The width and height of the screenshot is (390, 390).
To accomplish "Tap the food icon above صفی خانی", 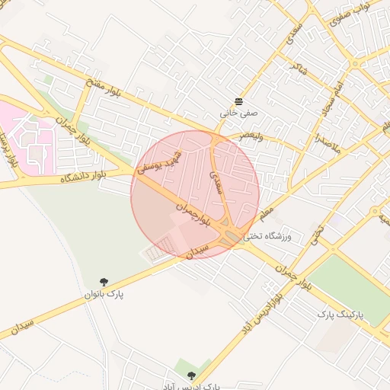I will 238,101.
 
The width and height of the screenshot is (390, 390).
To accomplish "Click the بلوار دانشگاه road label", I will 84,178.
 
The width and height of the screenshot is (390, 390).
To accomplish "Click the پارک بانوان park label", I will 104,293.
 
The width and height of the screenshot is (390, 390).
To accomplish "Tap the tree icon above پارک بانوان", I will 104,282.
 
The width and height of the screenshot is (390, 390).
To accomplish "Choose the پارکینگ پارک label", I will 340,314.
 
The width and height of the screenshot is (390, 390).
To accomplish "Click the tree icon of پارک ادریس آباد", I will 191,376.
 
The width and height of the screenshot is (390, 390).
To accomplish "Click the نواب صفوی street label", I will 350,17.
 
